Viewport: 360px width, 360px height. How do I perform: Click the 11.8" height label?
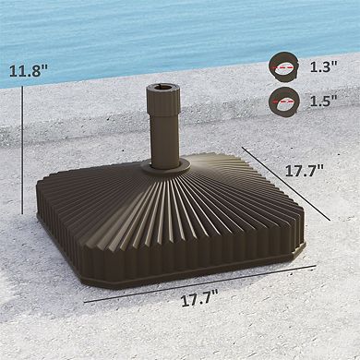coord(30,70)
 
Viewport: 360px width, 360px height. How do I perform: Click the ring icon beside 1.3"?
coord(282,66)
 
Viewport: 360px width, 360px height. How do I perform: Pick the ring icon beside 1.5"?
coord(282,102)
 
